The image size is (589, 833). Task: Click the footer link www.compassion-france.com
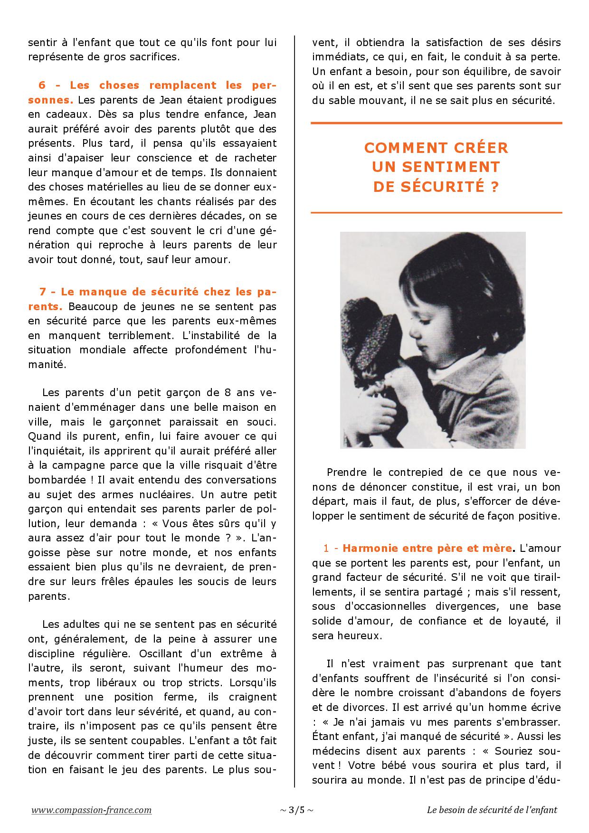[x=92, y=810]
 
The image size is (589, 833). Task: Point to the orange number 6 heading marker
[x=42, y=85]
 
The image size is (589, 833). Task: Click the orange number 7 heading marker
[x=42, y=292]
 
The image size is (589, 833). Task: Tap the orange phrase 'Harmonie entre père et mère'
[x=427, y=548]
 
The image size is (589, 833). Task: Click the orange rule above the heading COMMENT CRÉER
[x=436, y=123]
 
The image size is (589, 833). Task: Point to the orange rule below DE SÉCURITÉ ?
[x=436, y=212]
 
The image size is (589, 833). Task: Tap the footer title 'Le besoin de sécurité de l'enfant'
[x=492, y=810]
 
